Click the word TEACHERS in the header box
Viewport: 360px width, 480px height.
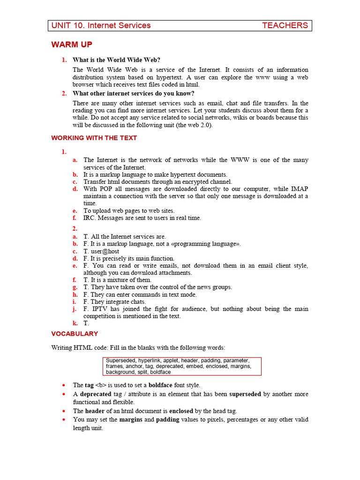point(285,25)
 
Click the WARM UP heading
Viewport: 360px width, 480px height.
point(72,45)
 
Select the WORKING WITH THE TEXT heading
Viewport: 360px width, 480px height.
point(94,138)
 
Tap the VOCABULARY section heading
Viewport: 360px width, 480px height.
point(75,334)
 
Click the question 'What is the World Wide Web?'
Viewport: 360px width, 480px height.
point(116,60)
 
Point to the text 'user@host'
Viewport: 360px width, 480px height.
point(104,251)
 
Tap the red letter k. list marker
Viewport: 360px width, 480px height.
point(75,323)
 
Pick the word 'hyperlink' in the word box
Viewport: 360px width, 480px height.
point(152,360)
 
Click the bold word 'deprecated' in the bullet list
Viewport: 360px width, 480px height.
point(95,394)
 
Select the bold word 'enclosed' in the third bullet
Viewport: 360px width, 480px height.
point(181,411)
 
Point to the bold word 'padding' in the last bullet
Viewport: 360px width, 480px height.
point(167,420)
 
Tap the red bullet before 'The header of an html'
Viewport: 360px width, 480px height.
point(64,411)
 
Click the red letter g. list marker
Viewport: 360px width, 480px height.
point(75,287)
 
